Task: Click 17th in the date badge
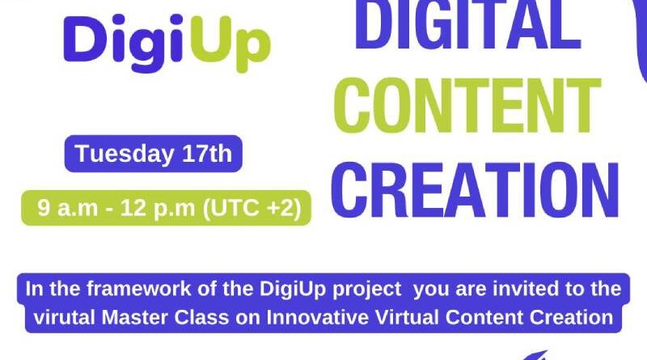(209, 154)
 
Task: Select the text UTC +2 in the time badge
(260, 208)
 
